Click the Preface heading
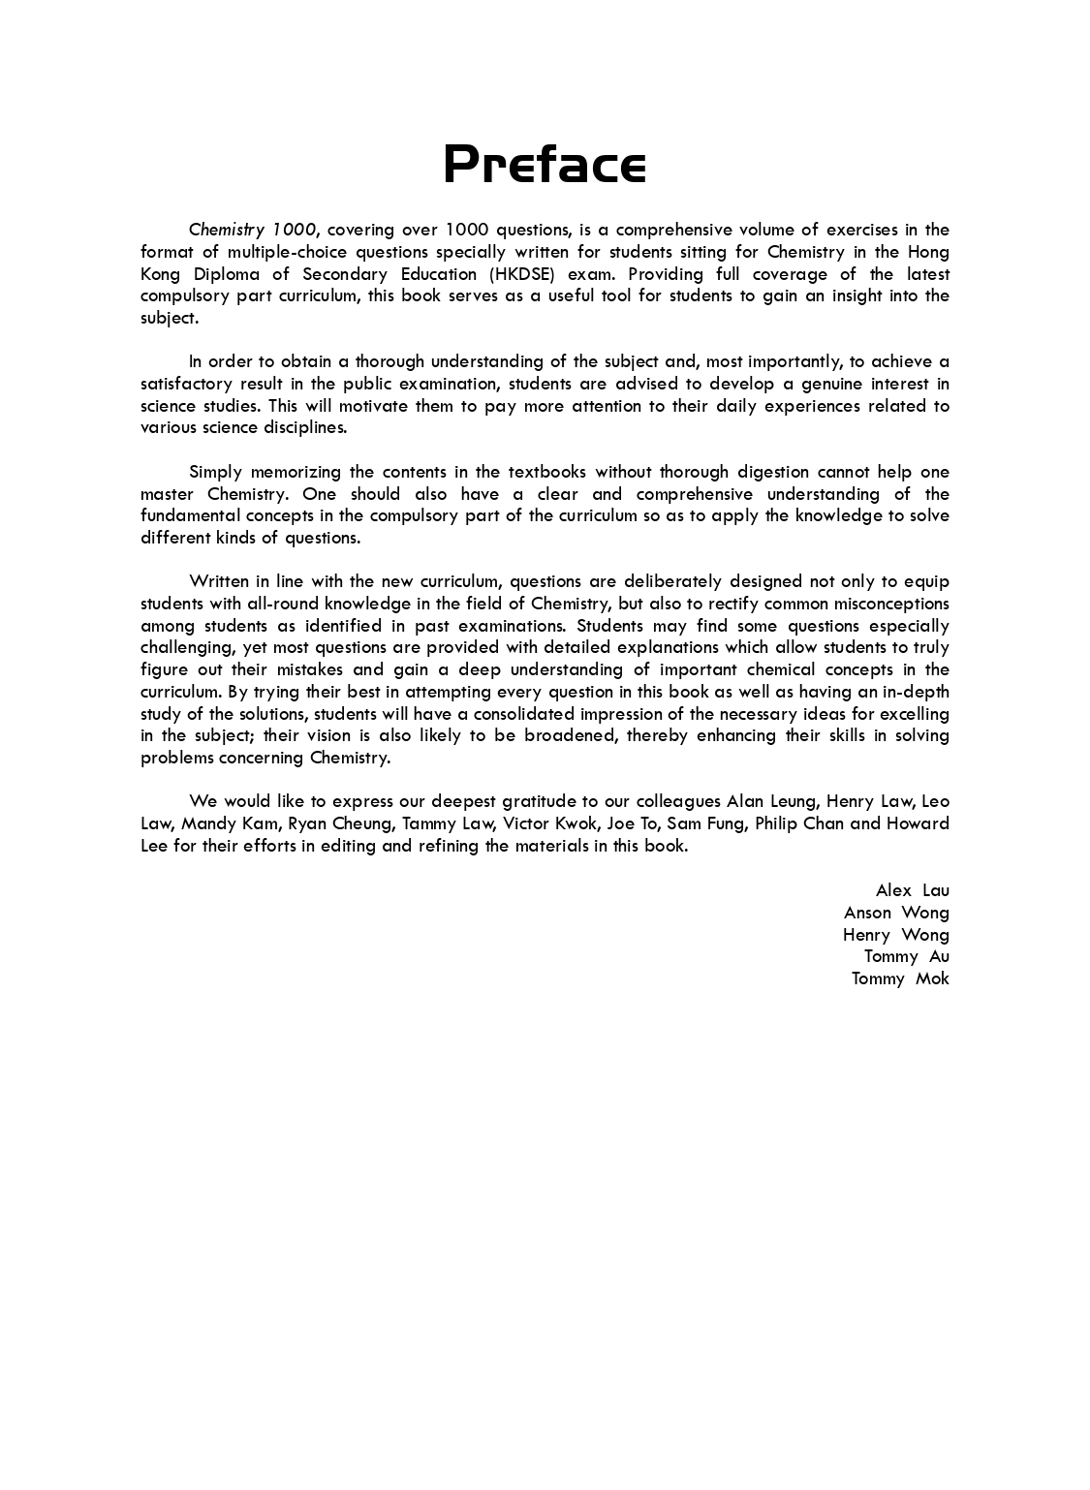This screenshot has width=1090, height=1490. click(545, 164)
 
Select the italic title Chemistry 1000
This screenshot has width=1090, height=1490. click(252, 230)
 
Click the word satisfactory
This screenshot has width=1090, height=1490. click(184, 384)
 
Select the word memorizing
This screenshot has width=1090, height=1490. click(295, 472)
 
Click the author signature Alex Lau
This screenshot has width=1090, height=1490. click(912, 890)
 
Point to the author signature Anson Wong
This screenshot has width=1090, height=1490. click(896, 913)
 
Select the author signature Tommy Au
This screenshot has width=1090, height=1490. click(906, 956)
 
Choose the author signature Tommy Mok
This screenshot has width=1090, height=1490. click(900, 978)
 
